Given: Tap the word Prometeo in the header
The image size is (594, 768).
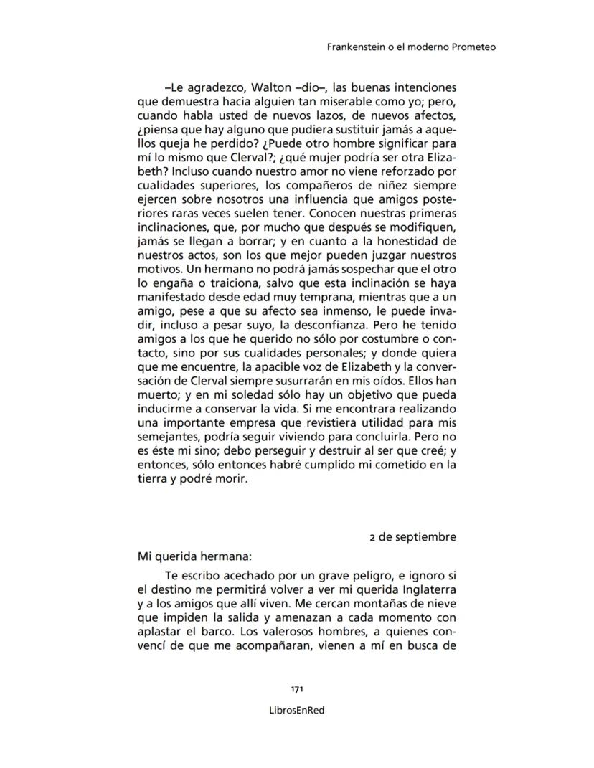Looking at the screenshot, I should point(473,47).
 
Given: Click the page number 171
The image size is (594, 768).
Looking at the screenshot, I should point(297,689).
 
